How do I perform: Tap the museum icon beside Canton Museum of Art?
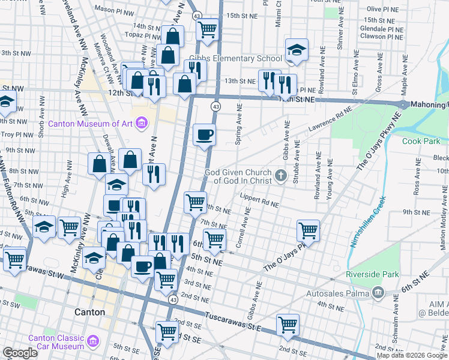click(x=142, y=124)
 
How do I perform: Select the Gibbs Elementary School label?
click(x=235, y=59)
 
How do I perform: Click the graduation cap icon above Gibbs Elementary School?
click(x=296, y=50)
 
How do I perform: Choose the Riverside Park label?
click(x=372, y=275)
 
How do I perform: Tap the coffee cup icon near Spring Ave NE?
click(x=205, y=134)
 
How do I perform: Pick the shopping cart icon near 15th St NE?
click(x=207, y=28)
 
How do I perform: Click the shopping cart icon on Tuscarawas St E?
click(x=288, y=325)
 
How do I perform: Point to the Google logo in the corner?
click(x=19, y=353)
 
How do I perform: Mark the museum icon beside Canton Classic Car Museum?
click(x=93, y=342)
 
